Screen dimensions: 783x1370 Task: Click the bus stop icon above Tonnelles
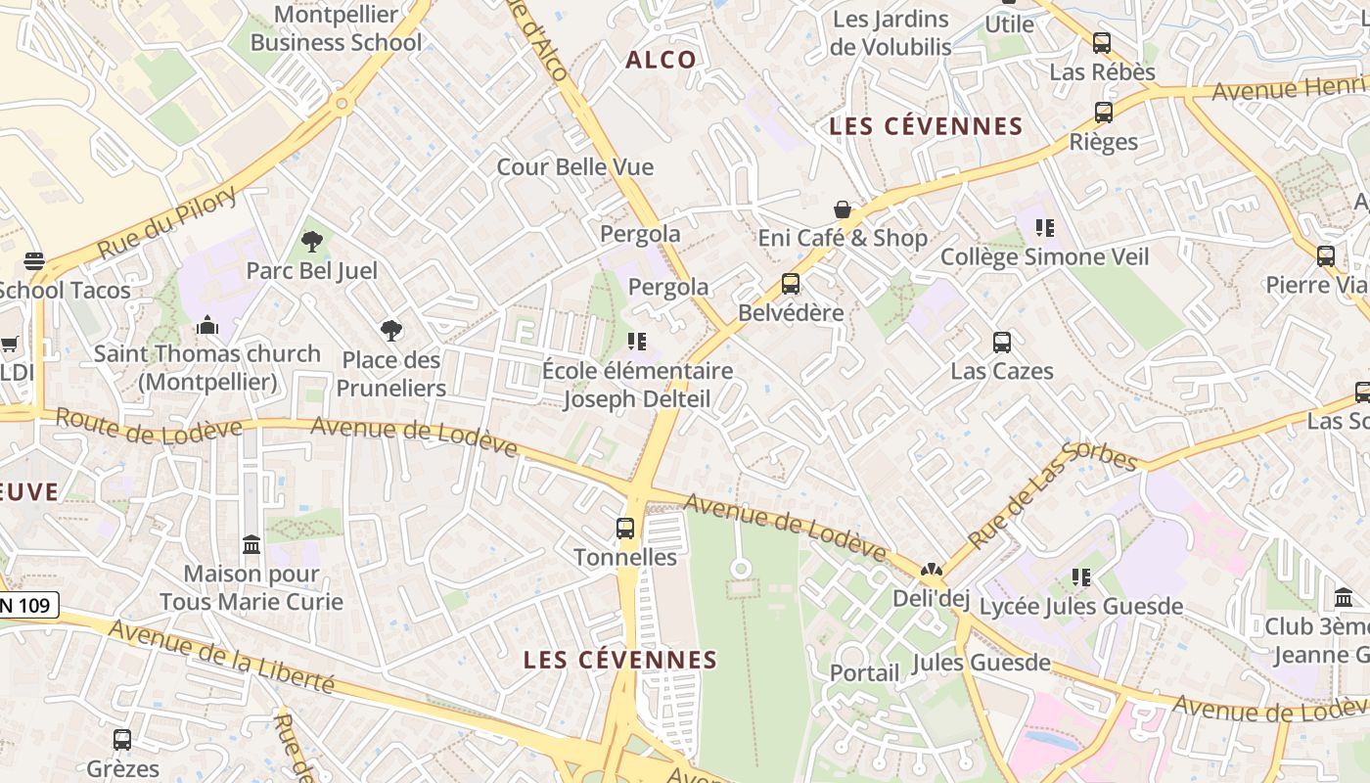tap(625, 529)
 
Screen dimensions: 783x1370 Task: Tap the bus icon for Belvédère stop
tap(791, 284)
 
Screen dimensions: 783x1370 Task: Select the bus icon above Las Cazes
tap(1002, 343)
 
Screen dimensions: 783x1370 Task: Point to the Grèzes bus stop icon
tap(122, 740)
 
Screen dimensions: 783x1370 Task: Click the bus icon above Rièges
tap(1104, 113)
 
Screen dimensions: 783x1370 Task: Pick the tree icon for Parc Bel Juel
tap(312, 241)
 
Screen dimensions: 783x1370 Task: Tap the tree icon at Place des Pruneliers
tap(391, 331)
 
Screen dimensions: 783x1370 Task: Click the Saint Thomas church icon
tap(207, 325)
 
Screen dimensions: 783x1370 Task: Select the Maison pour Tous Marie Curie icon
tap(251, 544)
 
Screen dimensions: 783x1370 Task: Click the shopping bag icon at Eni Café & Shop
tap(842, 209)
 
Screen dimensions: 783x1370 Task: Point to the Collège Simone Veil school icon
tap(1045, 228)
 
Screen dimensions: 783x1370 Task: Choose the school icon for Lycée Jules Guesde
tap(1081, 577)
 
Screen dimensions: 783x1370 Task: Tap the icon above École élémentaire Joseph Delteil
tap(637, 342)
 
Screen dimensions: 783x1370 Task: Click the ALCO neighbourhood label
tap(662, 60)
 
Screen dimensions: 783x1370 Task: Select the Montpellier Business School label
tap(337, 28)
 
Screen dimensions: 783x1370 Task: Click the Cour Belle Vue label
tap(575, 166)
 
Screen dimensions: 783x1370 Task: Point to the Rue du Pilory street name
tap(167, 224)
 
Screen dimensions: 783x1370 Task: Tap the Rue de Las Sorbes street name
tap(1052, 495)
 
